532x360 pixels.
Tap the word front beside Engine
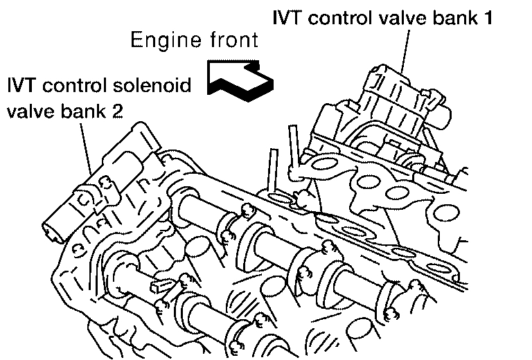(232, 39)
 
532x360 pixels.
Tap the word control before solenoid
(80, 87)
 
